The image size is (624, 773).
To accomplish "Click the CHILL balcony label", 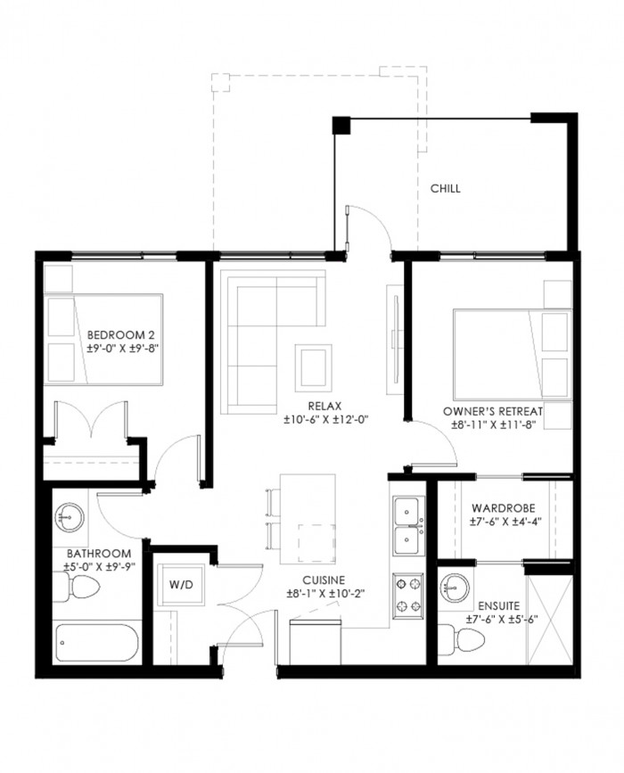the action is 445,188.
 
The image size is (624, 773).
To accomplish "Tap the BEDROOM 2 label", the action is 117,335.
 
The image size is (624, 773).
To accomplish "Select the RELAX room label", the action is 324,407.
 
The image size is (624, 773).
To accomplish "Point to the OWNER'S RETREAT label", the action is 493,411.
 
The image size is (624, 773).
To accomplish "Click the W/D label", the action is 181,585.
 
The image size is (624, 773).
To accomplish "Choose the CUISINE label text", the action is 324,580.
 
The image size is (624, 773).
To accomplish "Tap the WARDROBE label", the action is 504,508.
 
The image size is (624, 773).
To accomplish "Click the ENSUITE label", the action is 499,606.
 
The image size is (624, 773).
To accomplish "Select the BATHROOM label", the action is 99,554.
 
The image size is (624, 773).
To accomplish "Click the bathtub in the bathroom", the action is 96,644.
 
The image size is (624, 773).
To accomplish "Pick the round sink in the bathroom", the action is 69,518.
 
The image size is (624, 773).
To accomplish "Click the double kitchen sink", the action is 408,525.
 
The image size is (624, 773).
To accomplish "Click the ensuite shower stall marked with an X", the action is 550,619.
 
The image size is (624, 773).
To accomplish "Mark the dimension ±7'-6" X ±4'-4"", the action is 505,521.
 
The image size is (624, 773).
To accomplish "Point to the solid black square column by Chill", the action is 341,125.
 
